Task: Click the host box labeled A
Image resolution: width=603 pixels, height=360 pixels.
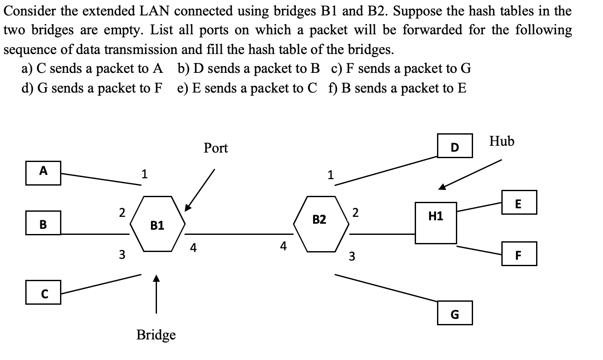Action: click(x=43, y=173)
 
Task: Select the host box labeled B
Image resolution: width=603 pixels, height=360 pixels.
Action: click(x=43, y=223)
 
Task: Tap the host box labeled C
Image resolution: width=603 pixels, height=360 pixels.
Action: click(x=43, y=292)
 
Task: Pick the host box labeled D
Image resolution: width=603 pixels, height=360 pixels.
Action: click(x=455, y=146)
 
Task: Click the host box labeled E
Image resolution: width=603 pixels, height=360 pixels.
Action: click(x=519, y=202)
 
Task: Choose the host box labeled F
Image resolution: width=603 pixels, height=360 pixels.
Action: click(x=519, y=254)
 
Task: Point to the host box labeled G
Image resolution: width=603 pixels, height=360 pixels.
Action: click(x=455, y=313)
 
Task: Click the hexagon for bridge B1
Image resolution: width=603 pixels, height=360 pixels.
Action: click(x=157, y=224)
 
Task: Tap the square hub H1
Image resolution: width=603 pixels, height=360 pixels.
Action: click(x=436, y=223)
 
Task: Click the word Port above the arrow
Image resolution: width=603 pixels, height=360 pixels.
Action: click(x=216, y=148)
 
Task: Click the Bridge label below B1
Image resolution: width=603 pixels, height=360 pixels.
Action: click(x=156, y=335)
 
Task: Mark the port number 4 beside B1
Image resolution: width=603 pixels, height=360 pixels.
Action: click(x=193, y=248)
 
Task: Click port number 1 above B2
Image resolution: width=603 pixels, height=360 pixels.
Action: click(x=330, y=175)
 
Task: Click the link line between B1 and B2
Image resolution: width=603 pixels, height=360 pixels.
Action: click(x=239, y=234)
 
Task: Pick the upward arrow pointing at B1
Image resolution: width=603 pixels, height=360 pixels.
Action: click(x=157, y=294)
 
